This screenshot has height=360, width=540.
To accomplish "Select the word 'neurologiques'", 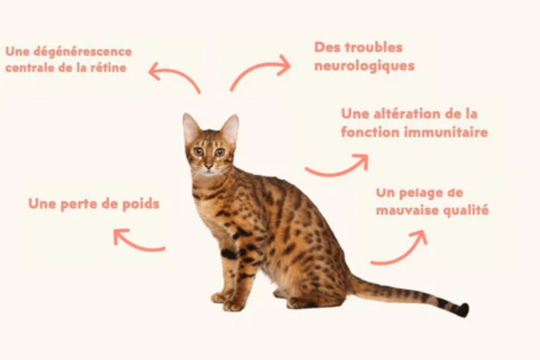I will [x=364, y=66].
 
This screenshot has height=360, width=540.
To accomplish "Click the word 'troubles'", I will [x=374, y=47].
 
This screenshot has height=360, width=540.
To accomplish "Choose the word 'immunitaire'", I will [x=448, y=132].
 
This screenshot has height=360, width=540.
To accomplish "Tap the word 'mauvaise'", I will [x=407, y=210].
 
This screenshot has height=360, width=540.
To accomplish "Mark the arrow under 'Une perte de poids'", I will [x=137, y=241].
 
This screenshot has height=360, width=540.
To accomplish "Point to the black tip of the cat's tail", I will [x=462, y=310].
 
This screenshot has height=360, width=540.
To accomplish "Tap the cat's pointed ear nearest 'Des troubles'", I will [x=231, y=127].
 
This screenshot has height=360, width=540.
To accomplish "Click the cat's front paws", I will [x=227, y=302].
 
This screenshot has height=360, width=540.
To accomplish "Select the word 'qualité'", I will [x=465, y=210].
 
